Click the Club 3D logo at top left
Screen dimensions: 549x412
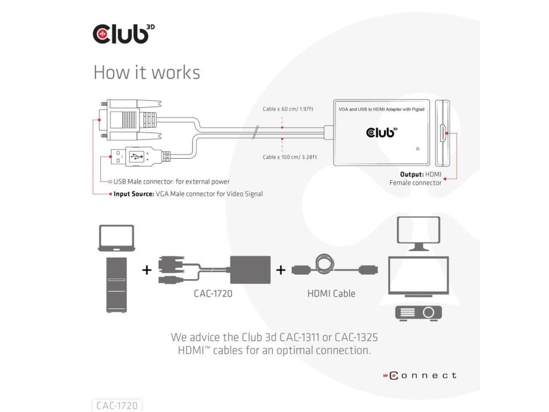(123, 34)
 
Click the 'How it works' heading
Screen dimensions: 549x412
(147, 72)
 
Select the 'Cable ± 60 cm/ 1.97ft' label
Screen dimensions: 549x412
(288, 109)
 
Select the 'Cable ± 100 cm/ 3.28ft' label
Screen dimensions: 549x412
(290, 157)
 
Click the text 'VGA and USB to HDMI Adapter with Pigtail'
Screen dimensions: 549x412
(381, 109)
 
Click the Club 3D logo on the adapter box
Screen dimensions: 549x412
(382, 132)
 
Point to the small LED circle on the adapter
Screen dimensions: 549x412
(417, 149)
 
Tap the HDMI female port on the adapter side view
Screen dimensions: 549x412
(443, 133)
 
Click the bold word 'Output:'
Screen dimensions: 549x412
(412, 174)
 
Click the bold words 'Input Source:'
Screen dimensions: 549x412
(133, 194)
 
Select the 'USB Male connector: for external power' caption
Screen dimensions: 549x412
(172, 181)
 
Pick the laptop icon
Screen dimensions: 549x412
(116, 238)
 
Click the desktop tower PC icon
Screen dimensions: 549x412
(116, 285)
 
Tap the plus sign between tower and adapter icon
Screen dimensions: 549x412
(147, 270)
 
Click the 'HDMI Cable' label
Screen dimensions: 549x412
(331, 293)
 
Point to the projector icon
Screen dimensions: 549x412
(418, 313)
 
